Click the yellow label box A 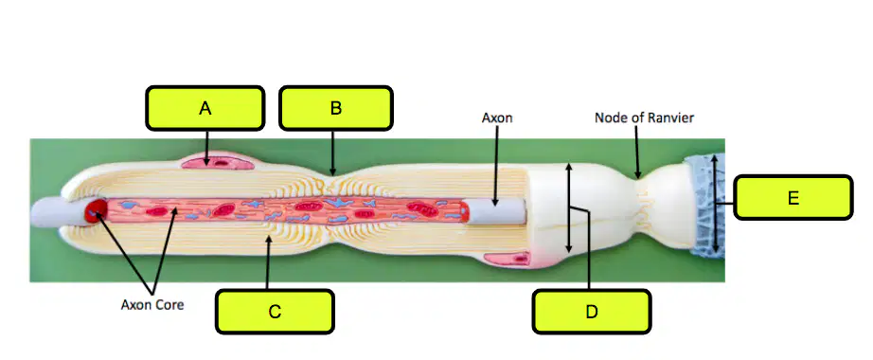(x=205, y=108)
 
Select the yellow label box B (x=336, y=108)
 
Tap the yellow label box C (x=275, y=312)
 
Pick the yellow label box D (x=591, y=312)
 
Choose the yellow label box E (x=793, y=197)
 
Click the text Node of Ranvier (x=644, y=118)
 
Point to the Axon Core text (x=152, y=305)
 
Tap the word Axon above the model (x=497, y=118)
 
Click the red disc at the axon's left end (x=96, y=210)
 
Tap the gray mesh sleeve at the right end (x=705, y=207)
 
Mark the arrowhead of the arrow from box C (x=268, y=240)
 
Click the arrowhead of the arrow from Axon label (x=493, y=208)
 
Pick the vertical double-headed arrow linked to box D (x=568, y=207)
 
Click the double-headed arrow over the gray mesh (x=716, y=204)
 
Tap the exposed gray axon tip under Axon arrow (x=498, y=212)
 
